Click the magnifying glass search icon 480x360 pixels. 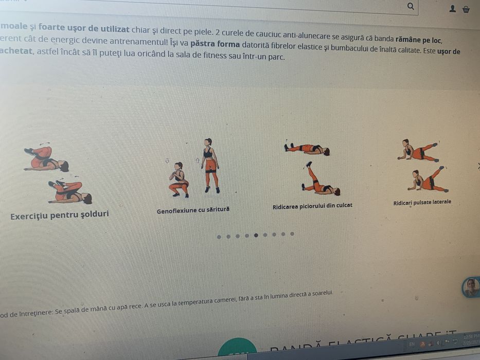pyautogui.click(x=411, y=6)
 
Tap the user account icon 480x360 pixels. pyautogui.click(x=453, y=9)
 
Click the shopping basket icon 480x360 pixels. pyautogui.click(x=466, y=9)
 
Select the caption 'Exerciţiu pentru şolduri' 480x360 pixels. pyautogui.click(x=60, y=215)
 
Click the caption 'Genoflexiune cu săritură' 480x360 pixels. pyautogui.click(x=193, y=210)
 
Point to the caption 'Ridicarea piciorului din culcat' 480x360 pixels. pyautogui.click(x=312, y=206)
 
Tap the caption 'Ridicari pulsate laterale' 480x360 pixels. pyautogui.click(x=422, y=202)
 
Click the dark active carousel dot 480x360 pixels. pyautogui.click(x=256, y=236)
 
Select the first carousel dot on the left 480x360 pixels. pyautogui.click(x=219, y=237)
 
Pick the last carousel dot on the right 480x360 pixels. pyautogui.click(x=292, y=234)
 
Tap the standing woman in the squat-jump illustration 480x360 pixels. pyautogui.click(x=210, y=165)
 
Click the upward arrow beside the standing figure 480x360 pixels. pyautogui.click(x=198, y=160)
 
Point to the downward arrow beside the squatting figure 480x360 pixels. pyautogui.click(x=167, y=161)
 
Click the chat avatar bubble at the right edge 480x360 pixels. pyautogui.click(x=471, y=287)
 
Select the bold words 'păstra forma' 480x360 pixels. pyautogui.click(x=215, y=44)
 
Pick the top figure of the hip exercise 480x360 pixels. pyautogui.click(x=45, y=158)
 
